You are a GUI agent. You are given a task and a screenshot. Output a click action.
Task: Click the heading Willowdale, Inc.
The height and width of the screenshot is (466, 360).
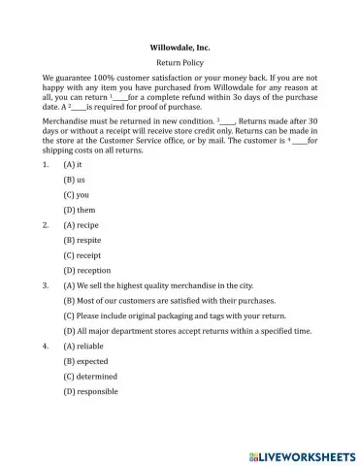click(180, 46)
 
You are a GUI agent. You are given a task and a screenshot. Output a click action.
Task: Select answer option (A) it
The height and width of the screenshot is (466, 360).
click(73, 165)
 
